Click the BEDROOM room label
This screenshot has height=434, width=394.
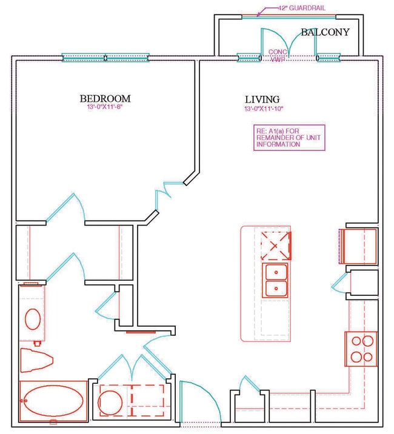105,98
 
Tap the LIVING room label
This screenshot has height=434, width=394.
262,99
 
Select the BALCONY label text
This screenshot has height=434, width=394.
325,32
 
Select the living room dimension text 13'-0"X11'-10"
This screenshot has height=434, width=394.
264,109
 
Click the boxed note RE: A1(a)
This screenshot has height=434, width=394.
289,137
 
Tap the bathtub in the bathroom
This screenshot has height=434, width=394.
53,401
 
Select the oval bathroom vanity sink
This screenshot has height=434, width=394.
32,319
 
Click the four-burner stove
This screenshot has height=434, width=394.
361,348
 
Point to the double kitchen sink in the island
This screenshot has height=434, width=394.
276,281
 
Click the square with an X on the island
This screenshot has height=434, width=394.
276,245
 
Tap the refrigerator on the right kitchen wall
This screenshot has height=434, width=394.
358,246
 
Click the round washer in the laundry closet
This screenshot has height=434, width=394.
111,401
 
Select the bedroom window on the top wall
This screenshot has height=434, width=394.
106,58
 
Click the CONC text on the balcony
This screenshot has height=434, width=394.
277,52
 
